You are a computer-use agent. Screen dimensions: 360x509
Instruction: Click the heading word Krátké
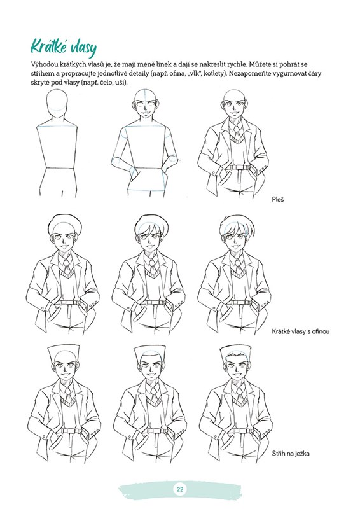tap(52, 46)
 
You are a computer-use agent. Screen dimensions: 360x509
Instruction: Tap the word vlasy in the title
tap(86, 48)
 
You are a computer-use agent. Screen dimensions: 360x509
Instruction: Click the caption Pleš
tap(277, 199)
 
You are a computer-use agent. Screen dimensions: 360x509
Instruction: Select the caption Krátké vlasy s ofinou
tap(301, 331)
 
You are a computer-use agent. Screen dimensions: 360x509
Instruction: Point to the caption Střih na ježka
tap(290, 454)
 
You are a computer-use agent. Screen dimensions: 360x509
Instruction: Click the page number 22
tap(180, 489)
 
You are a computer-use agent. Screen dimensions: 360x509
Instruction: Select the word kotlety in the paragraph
tap(215, 73)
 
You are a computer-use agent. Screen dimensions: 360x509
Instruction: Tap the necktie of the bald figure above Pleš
tap(237, 132)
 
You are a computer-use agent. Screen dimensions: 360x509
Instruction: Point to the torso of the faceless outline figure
tap(58, 147)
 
